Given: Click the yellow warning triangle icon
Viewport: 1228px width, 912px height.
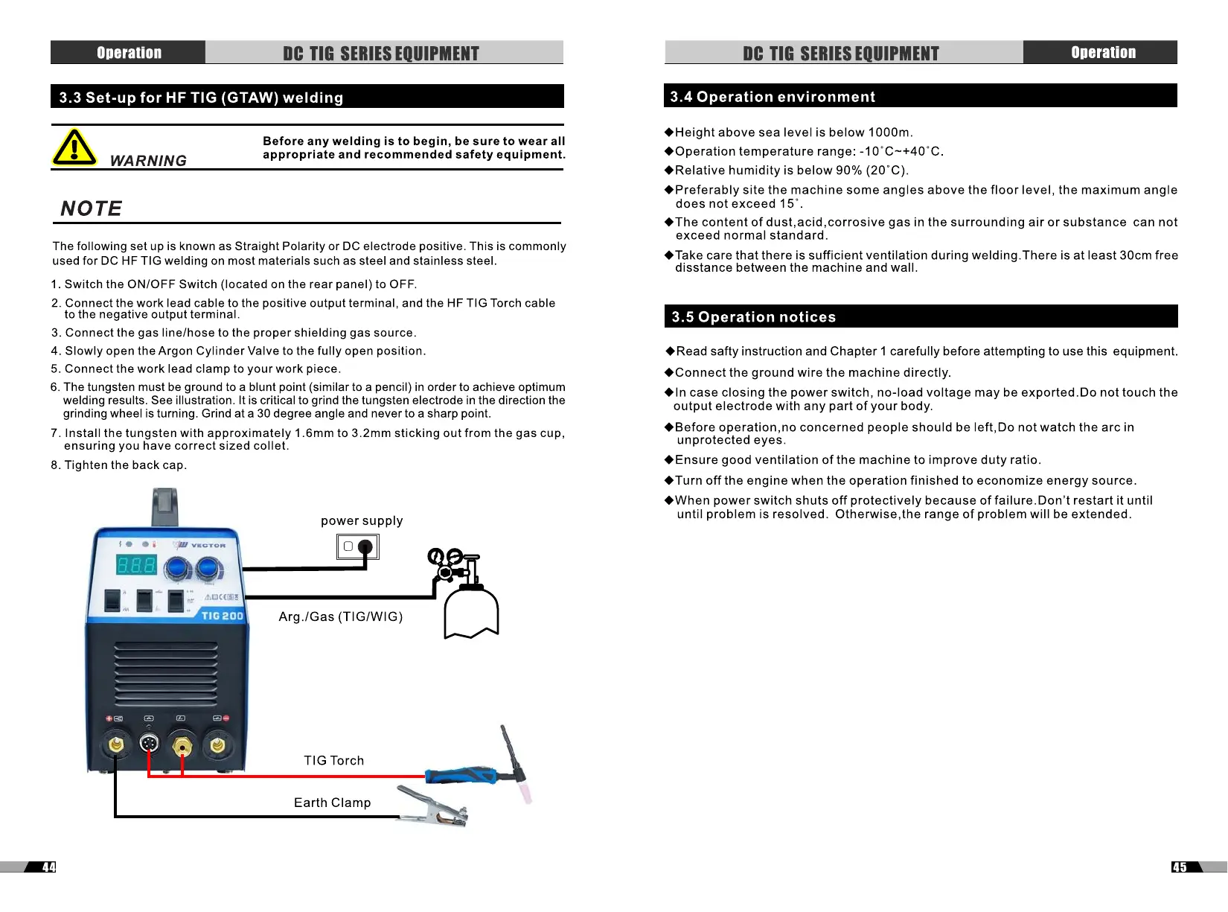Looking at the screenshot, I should click(74, 147).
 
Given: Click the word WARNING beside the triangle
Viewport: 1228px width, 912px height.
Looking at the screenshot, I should click(148, 161).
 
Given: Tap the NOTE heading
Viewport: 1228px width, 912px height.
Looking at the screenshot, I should click(91, 208).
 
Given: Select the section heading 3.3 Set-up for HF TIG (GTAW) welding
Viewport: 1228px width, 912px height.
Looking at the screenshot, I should click(201, 98).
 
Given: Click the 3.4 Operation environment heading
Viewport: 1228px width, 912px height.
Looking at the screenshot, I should click(773, 97).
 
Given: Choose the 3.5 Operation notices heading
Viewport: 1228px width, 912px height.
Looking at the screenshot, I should click(753, 317).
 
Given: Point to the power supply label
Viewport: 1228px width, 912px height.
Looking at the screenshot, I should click(362, 521).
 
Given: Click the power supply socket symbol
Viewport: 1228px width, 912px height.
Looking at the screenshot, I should click(357, 547).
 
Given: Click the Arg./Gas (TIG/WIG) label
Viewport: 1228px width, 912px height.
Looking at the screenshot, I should click(341, 616).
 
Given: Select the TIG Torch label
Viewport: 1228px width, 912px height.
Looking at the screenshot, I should click(333, 760).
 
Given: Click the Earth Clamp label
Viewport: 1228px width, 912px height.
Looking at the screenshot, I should click(332, 803).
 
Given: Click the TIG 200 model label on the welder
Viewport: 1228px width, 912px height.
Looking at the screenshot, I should click(222, 616).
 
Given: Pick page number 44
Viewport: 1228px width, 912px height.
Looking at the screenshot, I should click(48, 867).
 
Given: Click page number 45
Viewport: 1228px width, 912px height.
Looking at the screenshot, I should click(1180, 867).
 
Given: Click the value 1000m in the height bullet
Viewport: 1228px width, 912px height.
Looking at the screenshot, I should click(889, 133).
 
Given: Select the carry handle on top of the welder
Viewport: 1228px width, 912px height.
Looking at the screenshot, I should click(164, 506).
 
